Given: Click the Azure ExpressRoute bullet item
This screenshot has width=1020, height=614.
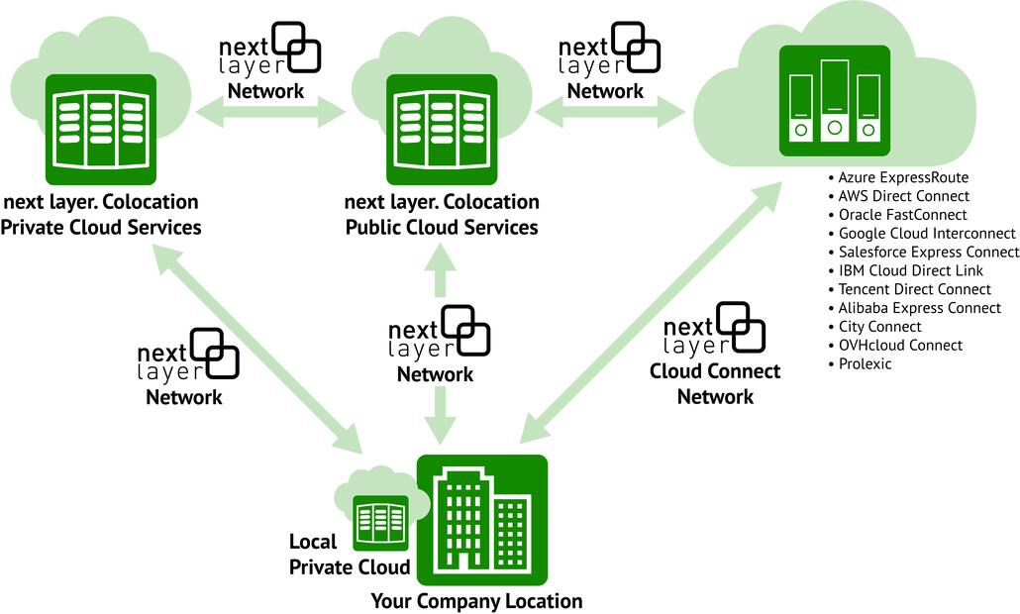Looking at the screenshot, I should tap(902, 177).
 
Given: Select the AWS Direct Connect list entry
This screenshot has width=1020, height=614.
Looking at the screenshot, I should tap(903, 196).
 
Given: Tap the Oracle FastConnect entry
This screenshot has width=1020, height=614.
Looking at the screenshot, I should tap(902, 215).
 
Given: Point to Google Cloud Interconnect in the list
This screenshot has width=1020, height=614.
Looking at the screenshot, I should tap(926, 234).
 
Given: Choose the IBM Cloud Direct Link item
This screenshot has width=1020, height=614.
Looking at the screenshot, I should tap(910, 270).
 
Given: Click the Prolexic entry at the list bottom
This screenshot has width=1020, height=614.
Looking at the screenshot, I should tap(865, 363).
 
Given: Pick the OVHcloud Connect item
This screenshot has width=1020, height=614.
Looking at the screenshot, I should tap(899, 345).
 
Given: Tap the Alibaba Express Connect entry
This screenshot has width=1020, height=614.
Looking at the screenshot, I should tap(919, 308).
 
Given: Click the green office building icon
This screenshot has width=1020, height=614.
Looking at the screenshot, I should tap(482, 519).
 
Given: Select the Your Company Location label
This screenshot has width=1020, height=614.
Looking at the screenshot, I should tap(476, 601).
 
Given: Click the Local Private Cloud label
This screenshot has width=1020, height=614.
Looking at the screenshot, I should tap(349, 555).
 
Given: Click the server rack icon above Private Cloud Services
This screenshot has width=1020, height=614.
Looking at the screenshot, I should tap(102, 128).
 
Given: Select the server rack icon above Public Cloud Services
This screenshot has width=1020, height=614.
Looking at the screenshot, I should tap(441, 128).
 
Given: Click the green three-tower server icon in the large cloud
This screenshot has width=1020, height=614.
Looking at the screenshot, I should tap(834, 100).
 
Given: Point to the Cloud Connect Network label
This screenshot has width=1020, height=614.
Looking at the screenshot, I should tap(715, 383).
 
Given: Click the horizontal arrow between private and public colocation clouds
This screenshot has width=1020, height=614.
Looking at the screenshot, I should tap(270, 113).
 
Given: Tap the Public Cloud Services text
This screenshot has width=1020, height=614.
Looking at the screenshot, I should tap(442, 227).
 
